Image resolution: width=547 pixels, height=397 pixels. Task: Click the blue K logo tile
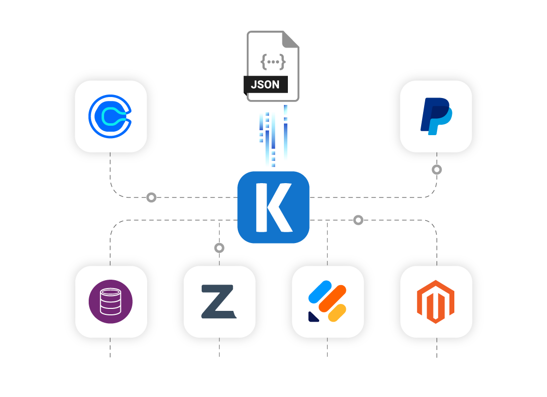(x=273, y=207)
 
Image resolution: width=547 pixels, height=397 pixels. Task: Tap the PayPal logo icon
(x=436, y=116)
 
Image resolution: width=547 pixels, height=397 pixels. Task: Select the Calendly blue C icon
(x=110, y=116)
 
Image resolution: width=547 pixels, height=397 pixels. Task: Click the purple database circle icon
(x=110, y=302)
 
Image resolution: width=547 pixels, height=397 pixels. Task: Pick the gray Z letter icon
(x=219, y=302)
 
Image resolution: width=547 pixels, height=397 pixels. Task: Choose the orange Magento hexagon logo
(x=436, y=302)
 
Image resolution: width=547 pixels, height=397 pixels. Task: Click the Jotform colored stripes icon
(x=328, y=302)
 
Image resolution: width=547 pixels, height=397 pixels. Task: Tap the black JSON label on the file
(x=265, y=84)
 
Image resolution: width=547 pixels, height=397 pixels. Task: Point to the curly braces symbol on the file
(x=273, y=62)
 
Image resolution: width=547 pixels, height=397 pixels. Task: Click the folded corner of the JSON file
(x=292, y=39)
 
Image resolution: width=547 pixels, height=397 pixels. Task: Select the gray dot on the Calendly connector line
(x=152, y=198)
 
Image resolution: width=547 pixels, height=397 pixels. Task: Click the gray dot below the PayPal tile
(x=437, y=170)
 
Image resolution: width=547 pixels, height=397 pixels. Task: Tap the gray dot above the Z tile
(x=219, y=248)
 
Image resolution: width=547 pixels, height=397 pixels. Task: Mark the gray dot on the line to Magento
(x=358, y=220)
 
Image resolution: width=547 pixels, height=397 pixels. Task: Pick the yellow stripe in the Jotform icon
(x=338, y=313)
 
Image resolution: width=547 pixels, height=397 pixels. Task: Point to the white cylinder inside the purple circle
(x=110, y=301)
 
